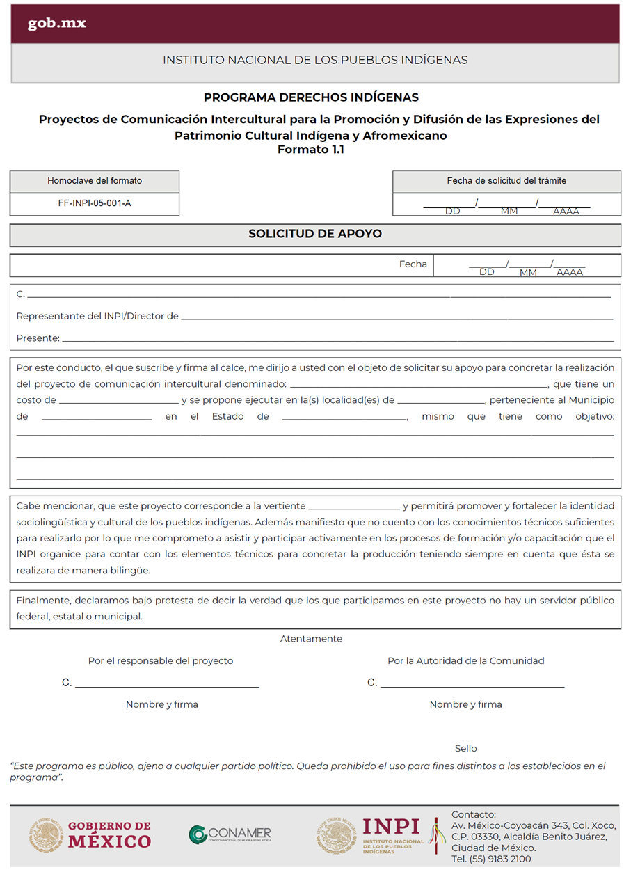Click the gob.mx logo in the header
[x=56, y=24]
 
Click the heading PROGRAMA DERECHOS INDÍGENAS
[x=311, y=97]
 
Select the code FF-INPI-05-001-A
[x=95, y=204]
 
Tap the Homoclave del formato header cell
[x=95, y=181]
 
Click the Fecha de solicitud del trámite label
[x=506, y=181]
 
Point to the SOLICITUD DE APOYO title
[x=315, y=234]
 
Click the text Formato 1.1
[x=311, y=149]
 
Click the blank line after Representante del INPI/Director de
[x=397, y=318]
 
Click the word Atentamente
[x=311, y=639]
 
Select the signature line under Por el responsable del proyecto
[x=167, y=686]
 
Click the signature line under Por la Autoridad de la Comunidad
[x=472, y=686]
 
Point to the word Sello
[x=466, y=749]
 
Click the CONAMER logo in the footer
[x=230, y=834]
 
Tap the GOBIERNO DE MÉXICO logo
[x=90, y=834]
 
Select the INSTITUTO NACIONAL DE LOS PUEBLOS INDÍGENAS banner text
[x=315, y=61]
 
